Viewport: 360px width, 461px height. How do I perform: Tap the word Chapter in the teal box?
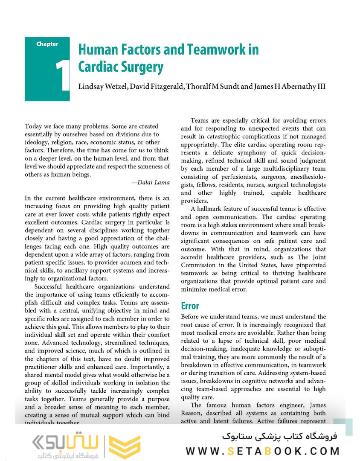coord(47,44)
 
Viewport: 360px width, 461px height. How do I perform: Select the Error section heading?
coord(190,306)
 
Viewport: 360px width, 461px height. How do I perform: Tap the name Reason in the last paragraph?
coord(193,413)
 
